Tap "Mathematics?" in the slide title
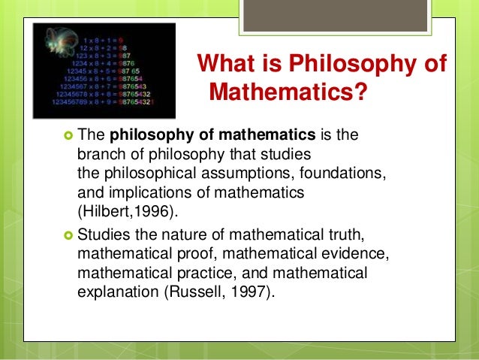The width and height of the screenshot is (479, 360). coord(288,94)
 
